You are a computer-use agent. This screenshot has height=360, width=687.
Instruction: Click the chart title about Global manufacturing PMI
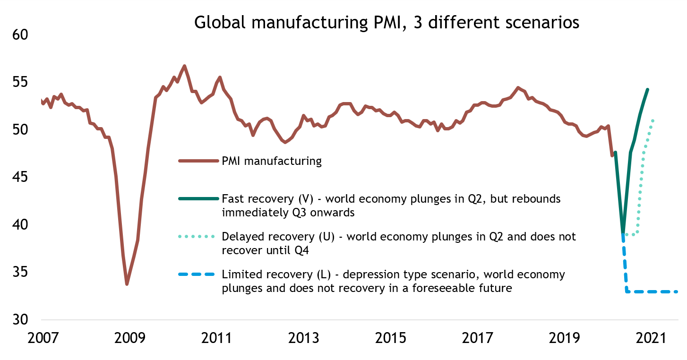click(386, 22)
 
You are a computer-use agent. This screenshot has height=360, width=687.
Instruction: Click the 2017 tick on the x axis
click(479, 339)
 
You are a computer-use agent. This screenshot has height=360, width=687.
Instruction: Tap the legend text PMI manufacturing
click(271, 161)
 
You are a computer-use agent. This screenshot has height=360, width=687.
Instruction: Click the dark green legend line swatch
click(198, 198)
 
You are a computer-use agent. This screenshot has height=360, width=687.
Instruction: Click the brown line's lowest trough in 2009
click(127, 284)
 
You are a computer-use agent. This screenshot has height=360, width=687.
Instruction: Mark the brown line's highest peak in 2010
click(184, 66)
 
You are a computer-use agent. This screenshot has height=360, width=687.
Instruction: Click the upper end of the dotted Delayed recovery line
click(653, 120)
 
